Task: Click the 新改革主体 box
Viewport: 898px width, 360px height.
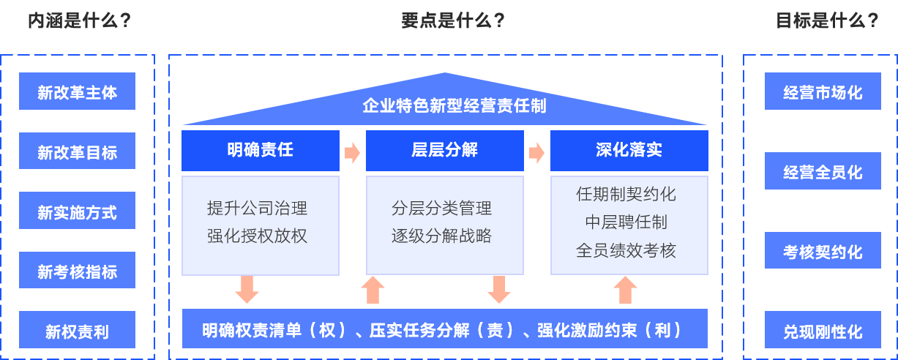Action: pyautogui.click(x=77, y=92)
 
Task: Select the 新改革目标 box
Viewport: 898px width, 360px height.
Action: pyautogui.click(x=77, y=152)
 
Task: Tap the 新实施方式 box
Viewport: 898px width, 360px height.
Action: pyautogui.click(x=77, y=211)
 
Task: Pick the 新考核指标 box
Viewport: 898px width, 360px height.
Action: pyautogui.click(x=77, y=271)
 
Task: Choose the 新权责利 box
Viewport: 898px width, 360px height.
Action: pyautogui.click(x=77, y=331)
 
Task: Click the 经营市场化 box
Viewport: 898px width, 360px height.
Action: pyautogui.click(x=823, y=92)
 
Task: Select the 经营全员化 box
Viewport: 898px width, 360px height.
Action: pyautogui.click(x=823, y=172)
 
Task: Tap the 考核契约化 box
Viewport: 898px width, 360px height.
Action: pyautogui.click(x=823, y=252)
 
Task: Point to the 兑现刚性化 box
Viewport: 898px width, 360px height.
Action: pyautogui.click(x=823, y=331)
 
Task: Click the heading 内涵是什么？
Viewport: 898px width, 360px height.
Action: pyautogui.click(x=79, y=20)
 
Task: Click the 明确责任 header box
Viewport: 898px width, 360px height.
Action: pyautogui.click(x=261, y=151)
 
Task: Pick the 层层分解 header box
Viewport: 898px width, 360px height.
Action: pyautogui.click(x=445, y=151)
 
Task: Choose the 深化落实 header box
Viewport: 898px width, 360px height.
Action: pyautogui.click(x=629, y=151)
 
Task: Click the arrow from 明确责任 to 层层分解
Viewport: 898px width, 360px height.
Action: pyautogui.click(x=353, y=153)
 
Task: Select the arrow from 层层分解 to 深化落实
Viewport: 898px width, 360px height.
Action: pyautogui.click(x=537, y=153)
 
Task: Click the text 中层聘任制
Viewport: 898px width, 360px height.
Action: pyautogui.click(x=626, y=222)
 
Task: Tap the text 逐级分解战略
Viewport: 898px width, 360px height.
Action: pyautogui.click(x=441, y=236)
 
